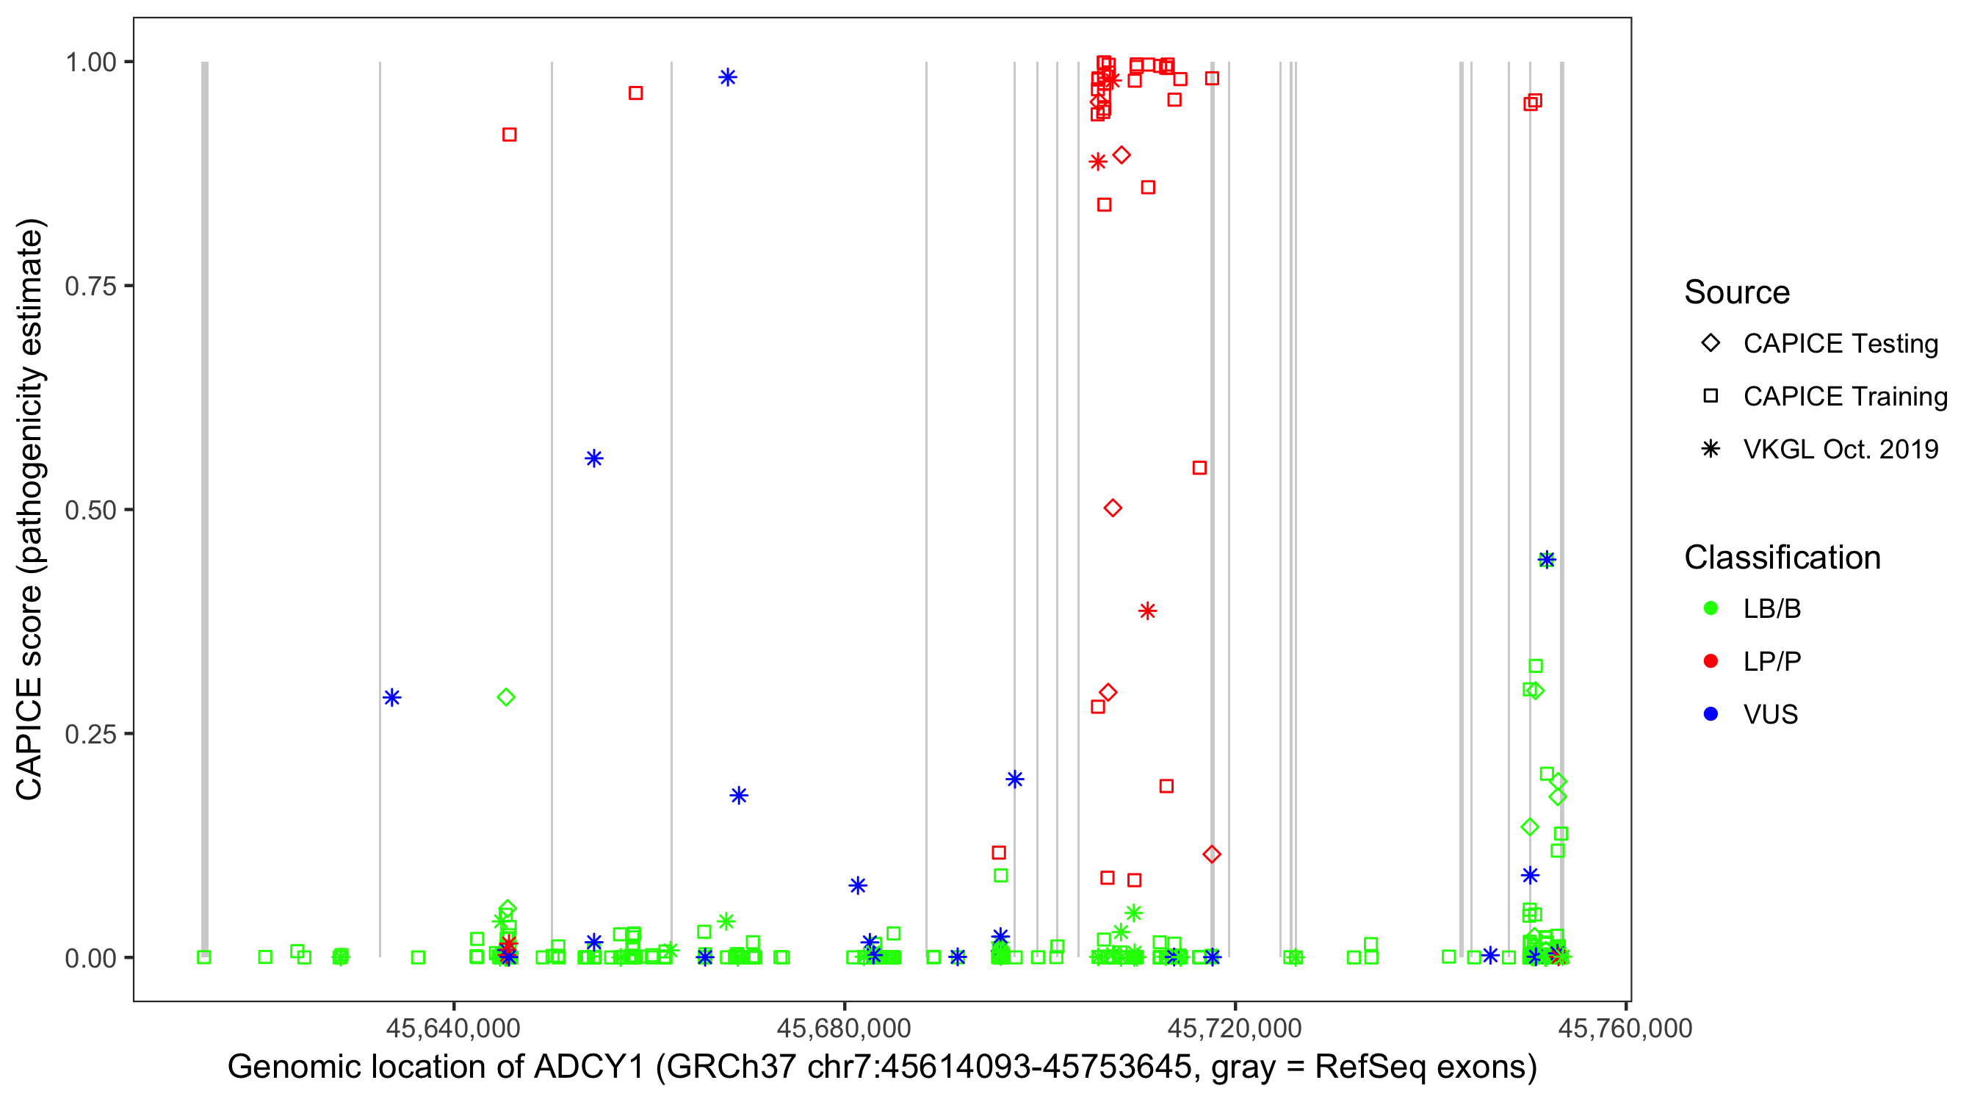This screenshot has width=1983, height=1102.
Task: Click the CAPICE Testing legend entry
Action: (1840, 344)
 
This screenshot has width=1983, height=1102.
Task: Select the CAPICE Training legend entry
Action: (1844, 397)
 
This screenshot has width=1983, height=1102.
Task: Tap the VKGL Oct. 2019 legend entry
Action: (1840, 449)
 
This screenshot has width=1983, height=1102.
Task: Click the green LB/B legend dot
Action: (1711, 608)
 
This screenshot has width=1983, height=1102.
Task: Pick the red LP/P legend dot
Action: (1711, 661)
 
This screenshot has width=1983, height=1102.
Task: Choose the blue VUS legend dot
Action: (1711, 714)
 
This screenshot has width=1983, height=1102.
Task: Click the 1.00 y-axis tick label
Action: (90, 62)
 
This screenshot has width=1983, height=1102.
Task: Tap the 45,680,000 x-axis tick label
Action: (844, 1028)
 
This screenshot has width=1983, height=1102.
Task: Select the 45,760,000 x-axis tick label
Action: (1625, 1028)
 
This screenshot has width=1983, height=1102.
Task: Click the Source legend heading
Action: (1737, 292)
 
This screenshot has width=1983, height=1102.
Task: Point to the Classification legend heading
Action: (1782, 558)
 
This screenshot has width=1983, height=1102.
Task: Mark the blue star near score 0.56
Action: (593, 459)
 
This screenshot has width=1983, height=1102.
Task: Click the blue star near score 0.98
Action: (727, 77)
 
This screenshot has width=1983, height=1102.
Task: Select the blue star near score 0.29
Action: (392, 698)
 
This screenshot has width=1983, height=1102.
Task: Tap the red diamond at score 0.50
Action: (1113, 508)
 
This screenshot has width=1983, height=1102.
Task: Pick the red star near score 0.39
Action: (1147, 611)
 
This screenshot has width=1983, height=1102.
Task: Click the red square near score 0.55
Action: (1199, 468)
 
